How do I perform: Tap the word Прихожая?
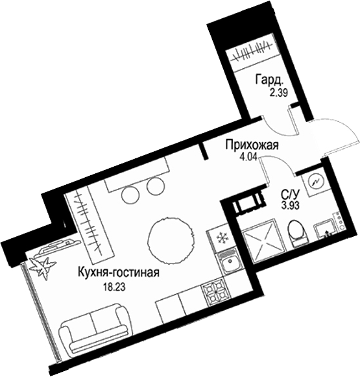click(x=252, y=146)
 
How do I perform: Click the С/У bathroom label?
click(x=289, y=195)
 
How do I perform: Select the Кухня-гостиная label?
click(x=118, y=273)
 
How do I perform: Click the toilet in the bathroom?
click(x=296, y=234)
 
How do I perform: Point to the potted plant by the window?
click(x=46, y=267)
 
